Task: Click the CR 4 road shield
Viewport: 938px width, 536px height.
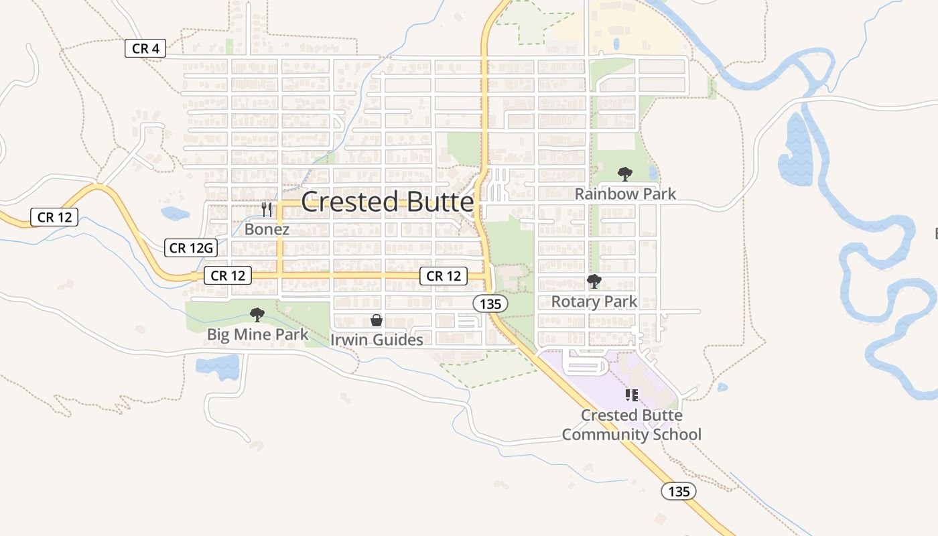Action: (x=145, y=48)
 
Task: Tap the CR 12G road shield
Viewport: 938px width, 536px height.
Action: (x=191, y=248)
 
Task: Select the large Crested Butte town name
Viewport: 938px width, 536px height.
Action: (x=388, y=202)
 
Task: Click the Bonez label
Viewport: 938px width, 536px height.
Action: (x=267, y=229)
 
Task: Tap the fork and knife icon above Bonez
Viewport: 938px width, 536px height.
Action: (x=267, y=210)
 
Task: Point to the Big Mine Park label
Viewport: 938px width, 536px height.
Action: (x=257, y=334)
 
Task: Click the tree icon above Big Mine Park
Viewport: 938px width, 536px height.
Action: (x=257, y=314)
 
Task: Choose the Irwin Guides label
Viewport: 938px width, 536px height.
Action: (x=377, y=340)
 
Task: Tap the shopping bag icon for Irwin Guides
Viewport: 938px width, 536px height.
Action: (x=377, y=320)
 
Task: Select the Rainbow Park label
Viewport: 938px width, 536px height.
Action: (x=625, y=194)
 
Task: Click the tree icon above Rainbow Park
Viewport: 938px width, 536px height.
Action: (x=625, y=174)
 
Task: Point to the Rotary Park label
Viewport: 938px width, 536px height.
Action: (x=594, y=301)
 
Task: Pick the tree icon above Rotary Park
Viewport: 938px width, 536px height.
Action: (x=594, y=281)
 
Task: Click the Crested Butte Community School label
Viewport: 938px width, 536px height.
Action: (x=631, y=425)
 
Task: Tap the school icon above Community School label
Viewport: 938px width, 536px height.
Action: (x=631, y=395)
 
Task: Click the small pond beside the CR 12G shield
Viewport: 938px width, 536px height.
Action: (x=175, y=214)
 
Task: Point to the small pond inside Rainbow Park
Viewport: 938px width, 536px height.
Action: (x=653, y=173)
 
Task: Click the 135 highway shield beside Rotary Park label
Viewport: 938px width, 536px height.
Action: (x=490, y=304)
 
